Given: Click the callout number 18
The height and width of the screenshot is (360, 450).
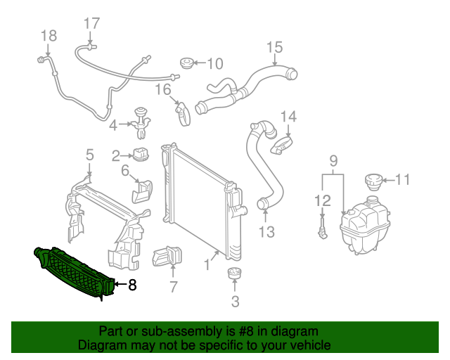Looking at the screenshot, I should pos(48,35).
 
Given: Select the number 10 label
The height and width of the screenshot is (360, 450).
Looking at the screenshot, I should pos(214,64).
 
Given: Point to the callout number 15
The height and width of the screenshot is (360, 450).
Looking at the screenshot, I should pos(274,47).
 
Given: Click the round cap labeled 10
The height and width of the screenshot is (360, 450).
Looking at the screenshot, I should pos(186,63).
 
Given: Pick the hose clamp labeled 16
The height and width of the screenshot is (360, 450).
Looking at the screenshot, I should pos(183,112).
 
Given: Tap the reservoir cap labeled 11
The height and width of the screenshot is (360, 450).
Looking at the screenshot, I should pos(373,180).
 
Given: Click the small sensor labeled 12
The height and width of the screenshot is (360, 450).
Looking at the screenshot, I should pos(322,229).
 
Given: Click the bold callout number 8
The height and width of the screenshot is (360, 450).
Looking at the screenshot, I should pos(131,285).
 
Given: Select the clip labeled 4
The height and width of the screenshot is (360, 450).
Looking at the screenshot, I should pos(141,122).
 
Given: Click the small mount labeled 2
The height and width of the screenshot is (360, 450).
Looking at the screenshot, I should pos(142,155).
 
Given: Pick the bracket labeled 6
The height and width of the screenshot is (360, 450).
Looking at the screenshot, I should pos(143,188).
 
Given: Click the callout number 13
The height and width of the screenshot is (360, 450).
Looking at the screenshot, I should pos(266,231).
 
